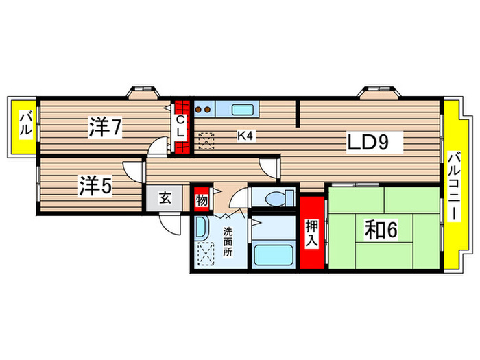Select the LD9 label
(x=371, y=143)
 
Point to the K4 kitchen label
(x=245, y=136)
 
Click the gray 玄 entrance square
(x=165, y=200)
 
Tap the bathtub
(x=274, y=255)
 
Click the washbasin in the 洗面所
(x=202, y=229)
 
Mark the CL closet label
(x=180, y=127)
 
